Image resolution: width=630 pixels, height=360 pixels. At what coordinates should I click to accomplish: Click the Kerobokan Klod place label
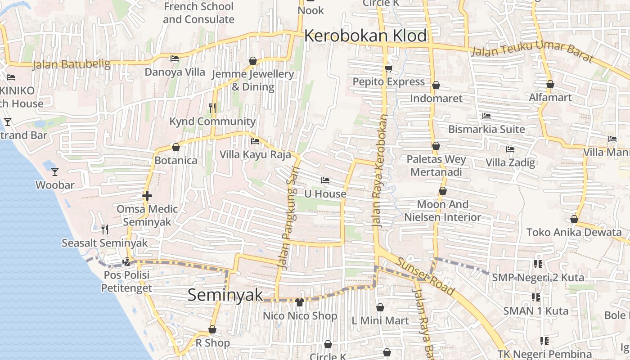(x=365, y=36)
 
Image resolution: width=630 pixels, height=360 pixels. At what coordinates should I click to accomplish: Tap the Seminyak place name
(x=225, y=295)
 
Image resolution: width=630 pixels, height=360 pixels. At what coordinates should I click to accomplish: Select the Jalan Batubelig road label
(x=72, y=64)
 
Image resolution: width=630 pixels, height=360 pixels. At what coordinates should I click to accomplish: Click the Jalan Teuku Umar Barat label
(x=531, y=52)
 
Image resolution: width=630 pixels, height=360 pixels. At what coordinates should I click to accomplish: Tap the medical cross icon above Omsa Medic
(x=147, y=196)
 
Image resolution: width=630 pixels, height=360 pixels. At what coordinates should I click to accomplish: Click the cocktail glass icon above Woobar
(x=55, y=171)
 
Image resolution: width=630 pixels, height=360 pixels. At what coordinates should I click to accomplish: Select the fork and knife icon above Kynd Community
(x=212, y=108)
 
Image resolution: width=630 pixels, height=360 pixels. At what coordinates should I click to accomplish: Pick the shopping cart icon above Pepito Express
(x=388, y=69)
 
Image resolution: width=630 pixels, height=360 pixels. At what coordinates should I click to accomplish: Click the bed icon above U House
(x=325, y=180)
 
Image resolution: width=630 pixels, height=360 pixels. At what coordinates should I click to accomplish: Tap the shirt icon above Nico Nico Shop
(x=300, y=302)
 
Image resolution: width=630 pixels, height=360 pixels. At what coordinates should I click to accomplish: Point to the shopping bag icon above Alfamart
(x=550, y=84)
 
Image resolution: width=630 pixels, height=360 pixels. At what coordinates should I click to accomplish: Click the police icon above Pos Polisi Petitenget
(x=126, y=261)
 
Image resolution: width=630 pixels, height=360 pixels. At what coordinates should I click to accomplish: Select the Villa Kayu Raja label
(x=255, y=154)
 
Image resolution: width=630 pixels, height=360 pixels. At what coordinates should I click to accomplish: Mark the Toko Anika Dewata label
(x=574, y=232)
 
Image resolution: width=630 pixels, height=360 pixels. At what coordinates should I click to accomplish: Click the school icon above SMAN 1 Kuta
(x=536, y=297)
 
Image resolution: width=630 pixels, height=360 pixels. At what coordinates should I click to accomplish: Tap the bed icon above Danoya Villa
(x=175, y=58)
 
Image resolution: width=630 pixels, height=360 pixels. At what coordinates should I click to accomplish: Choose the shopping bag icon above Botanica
(x=176, y=147)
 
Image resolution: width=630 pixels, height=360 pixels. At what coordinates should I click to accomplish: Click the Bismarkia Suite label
(x=486, y=129)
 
